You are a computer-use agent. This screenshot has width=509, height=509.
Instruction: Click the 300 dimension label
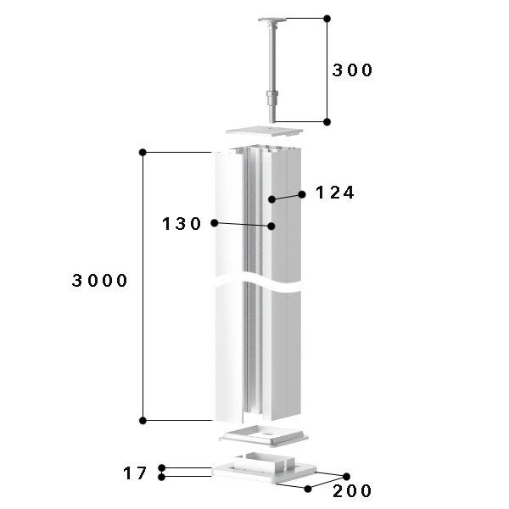coord(352,70)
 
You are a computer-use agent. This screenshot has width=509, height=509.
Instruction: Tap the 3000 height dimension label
coord(99,280)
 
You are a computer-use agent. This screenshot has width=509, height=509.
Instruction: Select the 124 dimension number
coord(335,193)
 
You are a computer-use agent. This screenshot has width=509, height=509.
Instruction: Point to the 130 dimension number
coord(182,224)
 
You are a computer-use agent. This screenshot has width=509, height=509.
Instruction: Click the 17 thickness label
coord(135,473)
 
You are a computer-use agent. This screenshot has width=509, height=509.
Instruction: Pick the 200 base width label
coord(352,490)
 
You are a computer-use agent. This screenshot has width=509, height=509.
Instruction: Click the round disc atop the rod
coord(272,20)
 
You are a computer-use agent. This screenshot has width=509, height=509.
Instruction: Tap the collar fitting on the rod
coord(272,96)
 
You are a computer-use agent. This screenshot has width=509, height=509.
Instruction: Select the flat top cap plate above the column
coord(264,131)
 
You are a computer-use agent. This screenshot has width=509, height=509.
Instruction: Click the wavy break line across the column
coord(258,282)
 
